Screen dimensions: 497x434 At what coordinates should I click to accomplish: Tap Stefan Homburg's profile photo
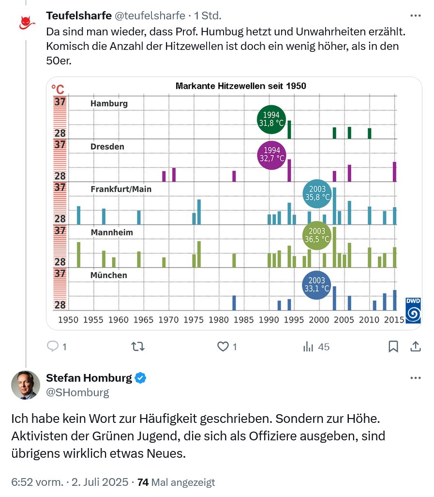[25, 385]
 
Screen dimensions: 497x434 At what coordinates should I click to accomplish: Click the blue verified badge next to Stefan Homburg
[140, 378]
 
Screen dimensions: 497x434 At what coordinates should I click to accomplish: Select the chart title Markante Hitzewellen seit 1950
[240, 86]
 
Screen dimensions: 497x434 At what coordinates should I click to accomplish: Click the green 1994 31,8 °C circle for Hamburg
[271, 119]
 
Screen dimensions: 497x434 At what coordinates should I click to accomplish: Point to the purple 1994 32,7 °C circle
[271, 155]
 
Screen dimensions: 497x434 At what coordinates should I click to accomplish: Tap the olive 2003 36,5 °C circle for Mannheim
[317, 235]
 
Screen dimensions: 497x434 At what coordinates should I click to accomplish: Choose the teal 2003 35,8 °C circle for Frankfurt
[317, 193]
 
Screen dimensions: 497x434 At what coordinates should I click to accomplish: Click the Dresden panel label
[107, 146]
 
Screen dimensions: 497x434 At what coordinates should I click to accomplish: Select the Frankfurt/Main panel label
[121, 189]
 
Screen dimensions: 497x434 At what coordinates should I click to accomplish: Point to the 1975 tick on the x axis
[193, 320]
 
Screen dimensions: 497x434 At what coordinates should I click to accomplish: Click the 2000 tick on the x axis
[318, 320]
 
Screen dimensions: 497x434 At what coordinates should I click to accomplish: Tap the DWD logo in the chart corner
[413, 311]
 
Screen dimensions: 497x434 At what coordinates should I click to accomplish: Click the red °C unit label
[58, 90]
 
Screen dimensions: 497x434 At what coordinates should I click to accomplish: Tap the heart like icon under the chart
[223, 346]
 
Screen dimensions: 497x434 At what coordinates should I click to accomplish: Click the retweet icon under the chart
[138, 346]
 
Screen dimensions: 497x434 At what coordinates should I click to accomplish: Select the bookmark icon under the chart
[393, 346]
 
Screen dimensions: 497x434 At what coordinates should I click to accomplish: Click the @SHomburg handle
[77, 392]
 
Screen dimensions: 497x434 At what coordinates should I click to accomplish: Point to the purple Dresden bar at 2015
[394, 171]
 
